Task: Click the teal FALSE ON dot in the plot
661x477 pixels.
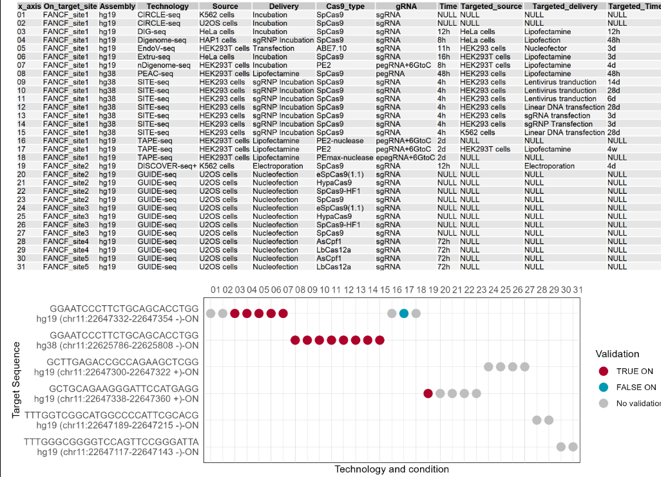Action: point(404,313)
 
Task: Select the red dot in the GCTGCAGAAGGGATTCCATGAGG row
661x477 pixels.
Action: point(428,393)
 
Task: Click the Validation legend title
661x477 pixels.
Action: point(617,354)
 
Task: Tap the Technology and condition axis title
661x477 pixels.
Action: point(391,469)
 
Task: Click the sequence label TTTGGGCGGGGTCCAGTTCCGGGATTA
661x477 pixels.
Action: point(111,442)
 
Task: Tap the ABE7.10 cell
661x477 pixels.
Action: point(332,48)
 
